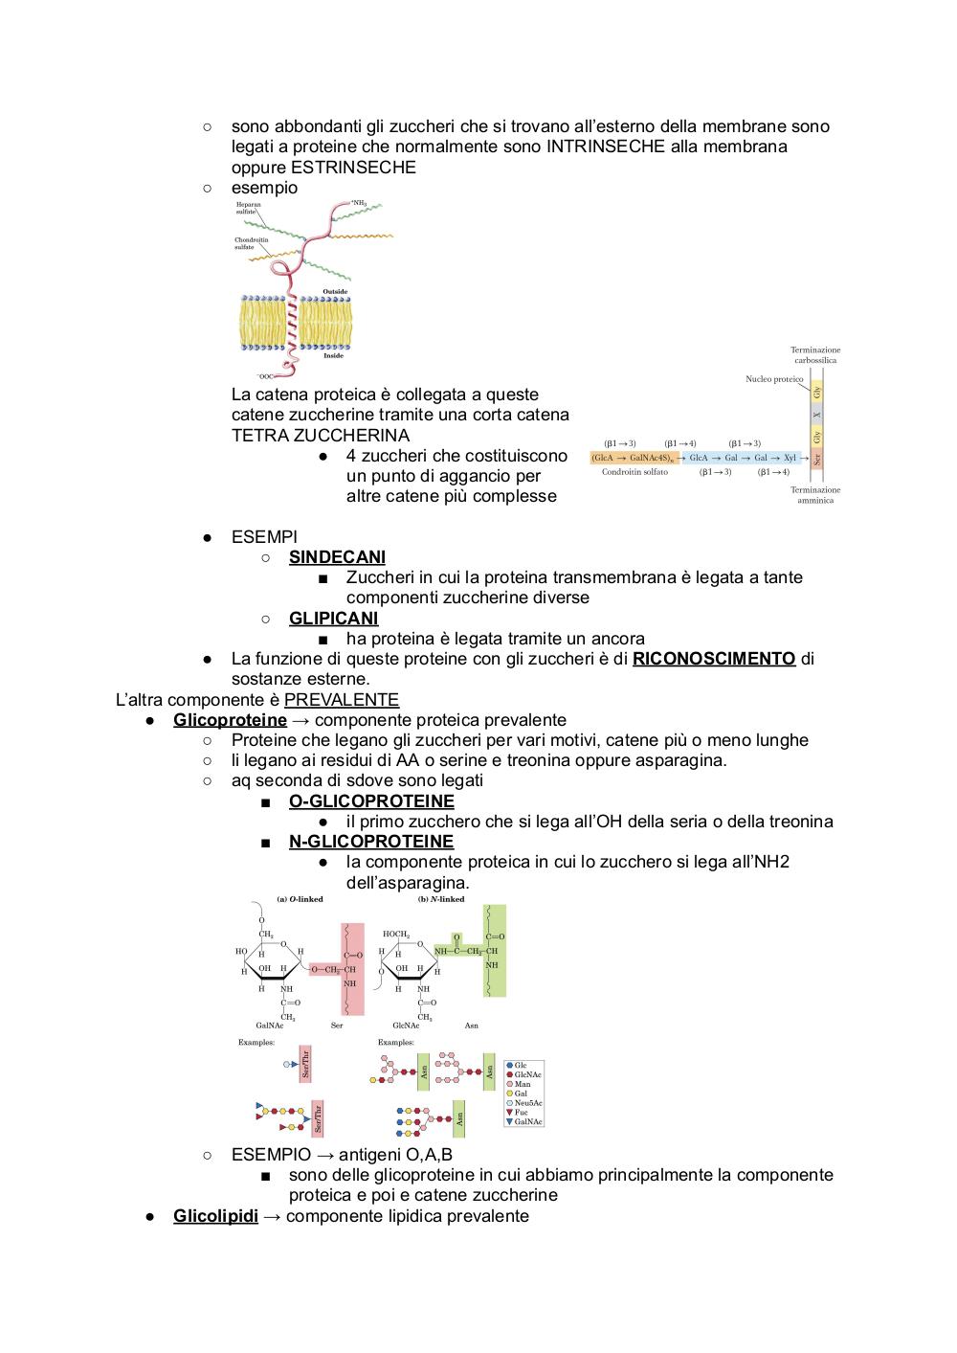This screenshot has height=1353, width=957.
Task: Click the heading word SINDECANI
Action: (x=337, y=557)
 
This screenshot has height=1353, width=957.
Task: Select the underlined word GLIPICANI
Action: (x=333, y=619)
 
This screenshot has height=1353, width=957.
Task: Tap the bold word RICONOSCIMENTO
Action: (x=714, y=659)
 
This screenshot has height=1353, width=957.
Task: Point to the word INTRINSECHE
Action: (x=606, y=147)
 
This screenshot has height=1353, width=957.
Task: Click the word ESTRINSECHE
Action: (x=358, y=168)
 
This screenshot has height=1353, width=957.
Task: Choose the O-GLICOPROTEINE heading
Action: (x=371, y=801)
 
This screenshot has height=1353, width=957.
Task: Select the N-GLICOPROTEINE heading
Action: (x=371, y=842)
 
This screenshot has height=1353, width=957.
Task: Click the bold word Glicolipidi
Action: (x=215, y=1216)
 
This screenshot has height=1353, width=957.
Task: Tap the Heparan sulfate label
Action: (x=248, y=209)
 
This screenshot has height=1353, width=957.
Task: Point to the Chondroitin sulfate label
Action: (x=251, y=243)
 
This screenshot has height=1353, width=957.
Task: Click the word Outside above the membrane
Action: (x=335, y=292)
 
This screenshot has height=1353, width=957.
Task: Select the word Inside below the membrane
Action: (x=333, y=356)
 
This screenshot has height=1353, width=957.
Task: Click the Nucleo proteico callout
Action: (x=774, y=379)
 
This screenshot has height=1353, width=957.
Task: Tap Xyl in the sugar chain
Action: (x=790, y=458)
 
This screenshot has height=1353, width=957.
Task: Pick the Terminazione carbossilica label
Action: (x=815, y=355)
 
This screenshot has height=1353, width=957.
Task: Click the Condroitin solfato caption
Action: (x=634, y=472)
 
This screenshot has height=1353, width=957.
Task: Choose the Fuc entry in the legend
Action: (x=521, y=1112)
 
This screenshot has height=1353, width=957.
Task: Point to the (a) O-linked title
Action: (x=300, y=899)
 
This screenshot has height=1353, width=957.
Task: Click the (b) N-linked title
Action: (x=441, y=899)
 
